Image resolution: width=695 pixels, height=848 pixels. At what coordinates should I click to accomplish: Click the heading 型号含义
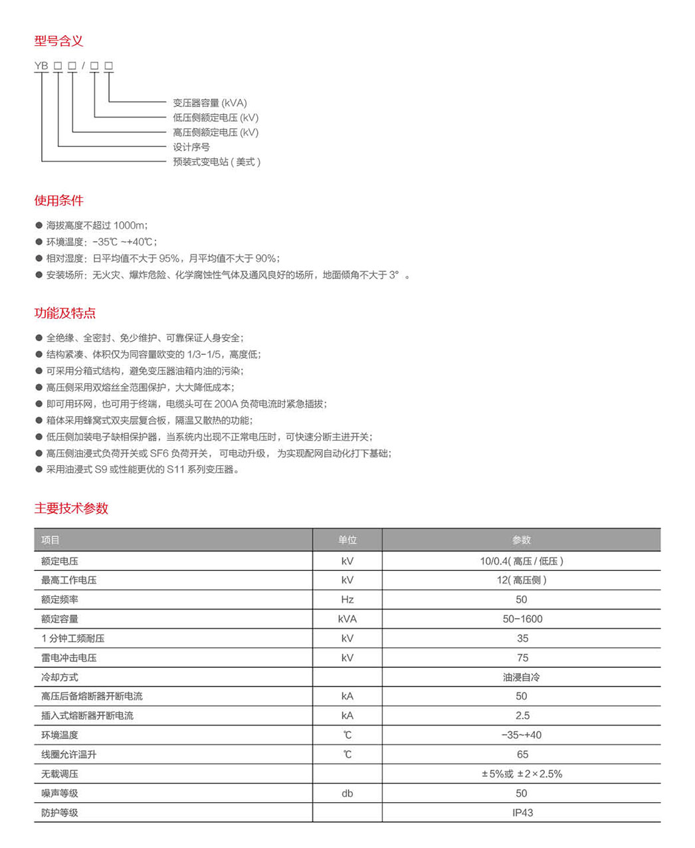point(59,41)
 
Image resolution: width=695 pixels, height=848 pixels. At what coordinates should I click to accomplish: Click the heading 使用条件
point(59,201)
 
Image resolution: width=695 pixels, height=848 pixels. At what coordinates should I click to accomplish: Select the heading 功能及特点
point(65,313)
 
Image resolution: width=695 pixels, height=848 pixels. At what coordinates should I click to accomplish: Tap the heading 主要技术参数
point(71,508)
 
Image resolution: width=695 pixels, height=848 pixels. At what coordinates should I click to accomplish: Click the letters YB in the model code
point(41,66)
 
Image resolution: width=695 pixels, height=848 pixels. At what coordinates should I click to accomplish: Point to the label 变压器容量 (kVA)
point(210,103)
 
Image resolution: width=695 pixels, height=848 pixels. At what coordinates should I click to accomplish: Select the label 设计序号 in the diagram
point(191,147)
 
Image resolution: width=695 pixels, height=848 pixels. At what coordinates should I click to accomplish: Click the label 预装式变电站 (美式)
point(217,161)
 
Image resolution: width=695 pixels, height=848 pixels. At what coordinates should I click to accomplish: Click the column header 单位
point(347,540)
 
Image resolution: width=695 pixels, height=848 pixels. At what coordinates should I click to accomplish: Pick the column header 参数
point(522,540)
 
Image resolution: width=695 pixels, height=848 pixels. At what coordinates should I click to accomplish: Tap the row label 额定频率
point(60,599)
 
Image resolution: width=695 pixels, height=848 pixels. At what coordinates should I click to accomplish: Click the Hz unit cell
point(347,599)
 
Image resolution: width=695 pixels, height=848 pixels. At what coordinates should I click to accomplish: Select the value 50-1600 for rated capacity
point(522,619)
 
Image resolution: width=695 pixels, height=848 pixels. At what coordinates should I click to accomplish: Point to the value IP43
point(522,812)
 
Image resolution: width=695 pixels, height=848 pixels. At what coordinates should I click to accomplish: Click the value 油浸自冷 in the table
point(522,677)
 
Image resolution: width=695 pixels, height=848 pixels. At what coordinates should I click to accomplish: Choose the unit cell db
point(347,793)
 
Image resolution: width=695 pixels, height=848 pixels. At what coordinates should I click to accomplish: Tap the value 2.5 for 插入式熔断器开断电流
point(522,716)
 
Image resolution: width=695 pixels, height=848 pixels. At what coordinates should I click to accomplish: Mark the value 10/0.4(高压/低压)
point(522,561)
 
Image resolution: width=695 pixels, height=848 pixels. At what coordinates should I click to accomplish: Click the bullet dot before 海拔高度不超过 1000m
point(39,225)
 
